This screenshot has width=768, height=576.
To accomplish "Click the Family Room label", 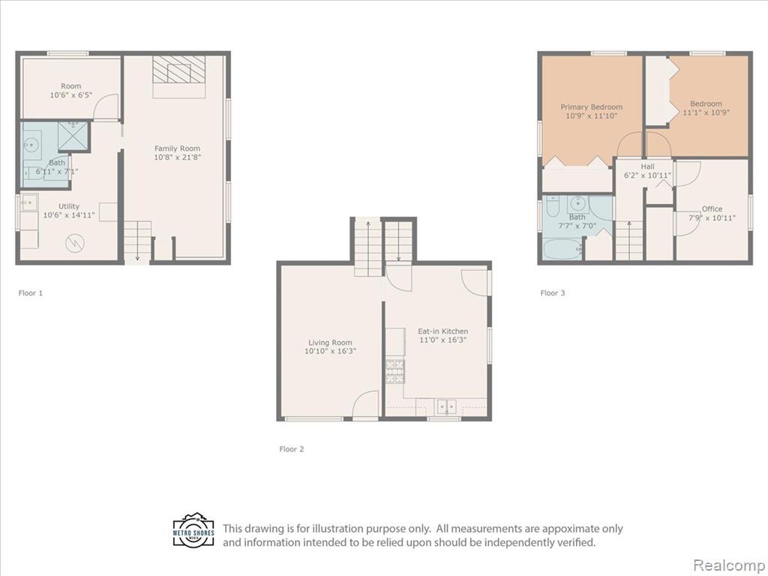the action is (177, 148).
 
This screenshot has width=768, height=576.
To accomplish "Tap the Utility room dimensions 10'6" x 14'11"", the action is (68, 215).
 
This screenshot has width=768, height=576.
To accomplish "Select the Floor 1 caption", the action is (30, 293).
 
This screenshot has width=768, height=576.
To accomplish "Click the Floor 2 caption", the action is (292, 448).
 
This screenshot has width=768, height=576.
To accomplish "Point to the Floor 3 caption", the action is (553, 293).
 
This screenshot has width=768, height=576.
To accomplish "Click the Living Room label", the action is (330, 343).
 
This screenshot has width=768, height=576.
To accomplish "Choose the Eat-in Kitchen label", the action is (442, 331).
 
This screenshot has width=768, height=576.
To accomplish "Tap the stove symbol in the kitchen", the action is (395, 371).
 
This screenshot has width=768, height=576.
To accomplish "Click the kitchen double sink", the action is (447, 406).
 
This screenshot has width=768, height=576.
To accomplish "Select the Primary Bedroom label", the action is (592, 106).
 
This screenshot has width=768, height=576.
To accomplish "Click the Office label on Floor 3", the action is (712, 208).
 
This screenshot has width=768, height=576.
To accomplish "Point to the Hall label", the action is (647, 166).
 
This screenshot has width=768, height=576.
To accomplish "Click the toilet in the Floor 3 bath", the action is (552, 206).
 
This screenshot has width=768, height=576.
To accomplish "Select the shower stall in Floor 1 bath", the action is (73, 136).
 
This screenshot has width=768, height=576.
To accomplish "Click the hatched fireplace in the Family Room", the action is (178, 70).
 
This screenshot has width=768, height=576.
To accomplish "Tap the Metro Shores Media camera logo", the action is (193, 530).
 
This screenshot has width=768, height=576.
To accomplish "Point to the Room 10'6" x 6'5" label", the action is (71, 91).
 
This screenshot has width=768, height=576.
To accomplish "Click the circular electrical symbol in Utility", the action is (75, 242).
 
